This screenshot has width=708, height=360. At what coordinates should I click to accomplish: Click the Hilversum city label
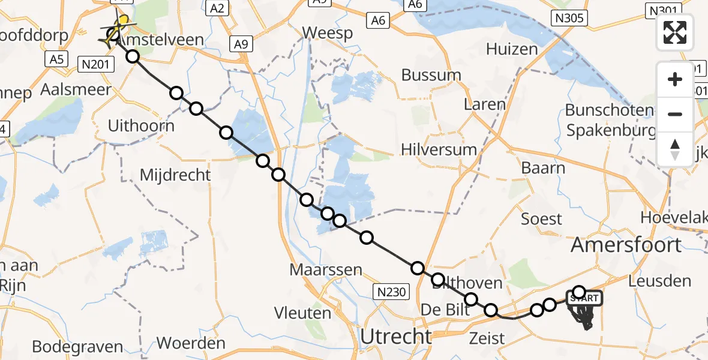[439, 149]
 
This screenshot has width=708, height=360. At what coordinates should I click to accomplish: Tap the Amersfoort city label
[626, 244]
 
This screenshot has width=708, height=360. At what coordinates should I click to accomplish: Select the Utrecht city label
[395, 336]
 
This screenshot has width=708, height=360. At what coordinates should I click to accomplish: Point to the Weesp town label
[328, 32]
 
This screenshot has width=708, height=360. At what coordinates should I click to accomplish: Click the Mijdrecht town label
[175, 175]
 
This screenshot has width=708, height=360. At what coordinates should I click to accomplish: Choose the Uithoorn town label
[142, 126]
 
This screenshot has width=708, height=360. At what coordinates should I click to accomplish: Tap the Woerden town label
[190, 344]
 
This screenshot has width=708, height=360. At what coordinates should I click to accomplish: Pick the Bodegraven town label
[77, 346]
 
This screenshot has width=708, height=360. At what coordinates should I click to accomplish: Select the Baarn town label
[543, 167]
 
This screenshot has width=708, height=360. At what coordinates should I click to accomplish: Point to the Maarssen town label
[326, 269]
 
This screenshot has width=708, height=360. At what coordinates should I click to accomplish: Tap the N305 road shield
[569, 18]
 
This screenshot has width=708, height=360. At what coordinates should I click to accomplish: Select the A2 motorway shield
[217, 8]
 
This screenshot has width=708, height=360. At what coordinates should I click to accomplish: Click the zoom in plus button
[676, 79]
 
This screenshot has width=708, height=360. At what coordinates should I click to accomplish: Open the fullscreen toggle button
[676, 32]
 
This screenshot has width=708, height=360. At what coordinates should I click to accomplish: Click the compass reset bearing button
[676, 149]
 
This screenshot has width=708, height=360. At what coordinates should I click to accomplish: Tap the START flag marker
[581, 298]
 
